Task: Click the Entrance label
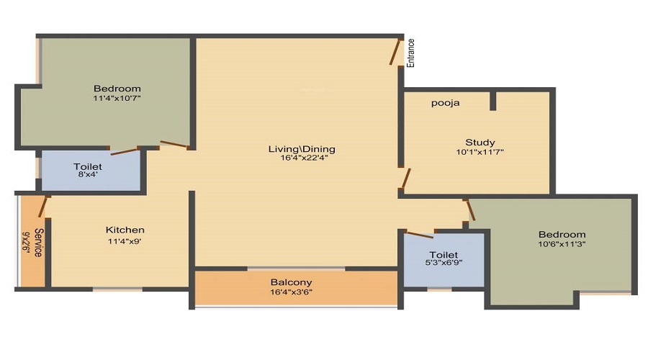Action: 411,53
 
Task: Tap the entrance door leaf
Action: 396,52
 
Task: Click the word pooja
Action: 445,103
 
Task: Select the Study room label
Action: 480,142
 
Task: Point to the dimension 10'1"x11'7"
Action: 480,152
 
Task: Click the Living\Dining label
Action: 302,149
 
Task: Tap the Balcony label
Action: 291,282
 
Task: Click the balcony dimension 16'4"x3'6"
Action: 291,292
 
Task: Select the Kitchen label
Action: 125,230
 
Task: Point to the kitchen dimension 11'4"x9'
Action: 125,241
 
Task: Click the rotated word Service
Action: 38,243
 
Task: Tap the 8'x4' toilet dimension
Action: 88,174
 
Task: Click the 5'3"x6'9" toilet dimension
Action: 444,262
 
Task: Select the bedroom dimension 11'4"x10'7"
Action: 117,99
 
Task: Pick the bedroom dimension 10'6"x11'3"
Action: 562,244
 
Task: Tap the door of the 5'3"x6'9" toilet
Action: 418,234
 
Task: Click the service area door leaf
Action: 43,207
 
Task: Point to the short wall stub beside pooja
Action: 492,101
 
